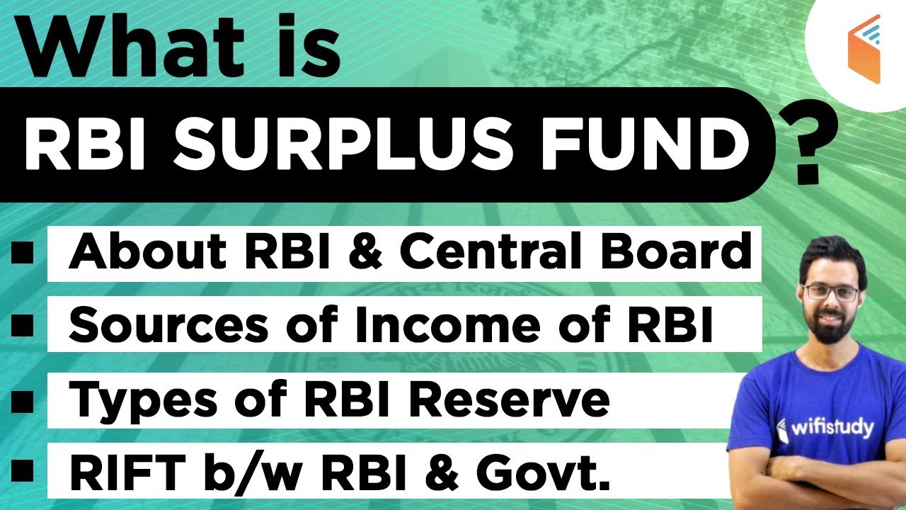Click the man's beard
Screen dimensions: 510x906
tap(832, 329)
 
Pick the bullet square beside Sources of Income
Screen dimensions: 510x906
tap(23, 326)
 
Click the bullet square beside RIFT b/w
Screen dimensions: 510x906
tap(23, 470)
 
